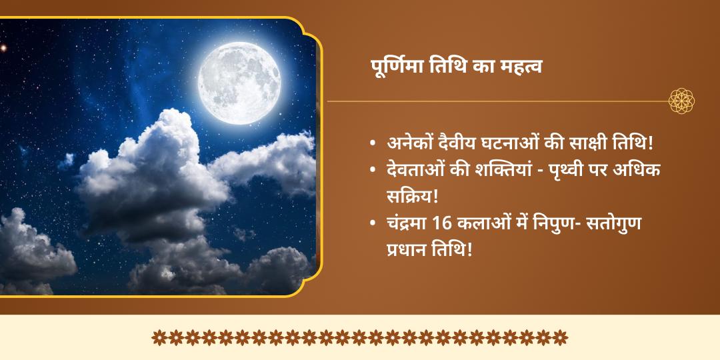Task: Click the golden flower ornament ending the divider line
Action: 682,101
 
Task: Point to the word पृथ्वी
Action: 568,170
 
